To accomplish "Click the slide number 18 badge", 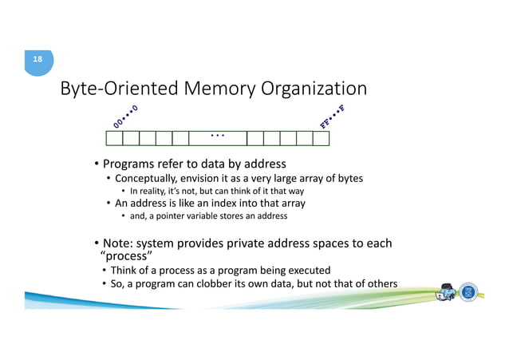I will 37,60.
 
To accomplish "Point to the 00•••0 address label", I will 125,117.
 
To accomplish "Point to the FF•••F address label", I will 332,117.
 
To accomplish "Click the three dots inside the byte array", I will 217,136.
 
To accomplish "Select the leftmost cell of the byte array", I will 114,139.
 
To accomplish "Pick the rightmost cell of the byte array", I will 321,139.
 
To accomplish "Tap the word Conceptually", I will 148,179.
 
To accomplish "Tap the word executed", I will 303,271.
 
